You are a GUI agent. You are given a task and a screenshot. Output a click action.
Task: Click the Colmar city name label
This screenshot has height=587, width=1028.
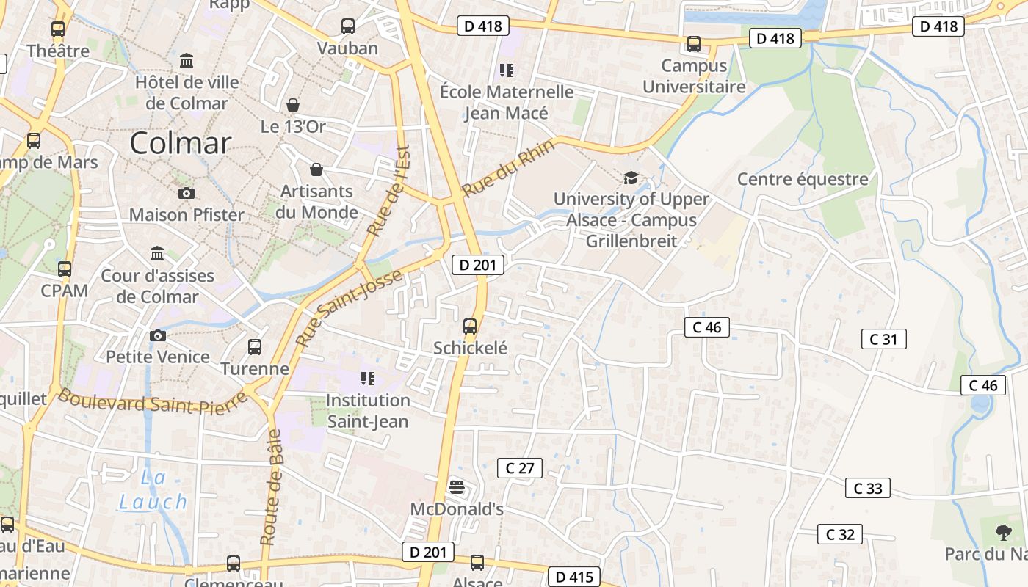pyautogui.click(x=181, y=143)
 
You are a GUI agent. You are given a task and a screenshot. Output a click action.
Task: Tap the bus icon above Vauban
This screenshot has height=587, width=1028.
pyautogui.click(x=348, y=27)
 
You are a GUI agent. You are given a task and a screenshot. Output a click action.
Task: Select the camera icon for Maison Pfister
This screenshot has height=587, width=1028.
pyautogui.click(x=187, y=193)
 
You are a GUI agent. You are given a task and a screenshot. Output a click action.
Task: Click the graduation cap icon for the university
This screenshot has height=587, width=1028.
pyautogui.click(x=630, y=178)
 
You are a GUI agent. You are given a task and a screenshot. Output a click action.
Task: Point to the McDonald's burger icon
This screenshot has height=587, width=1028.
pyautogui.click(x=456, y=486)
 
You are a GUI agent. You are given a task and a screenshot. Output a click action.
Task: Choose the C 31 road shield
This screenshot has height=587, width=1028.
pyautogui.click(x=883, y=339)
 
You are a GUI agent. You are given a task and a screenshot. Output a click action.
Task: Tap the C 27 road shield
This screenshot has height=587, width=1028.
pyautogui.click(x=520, y=468)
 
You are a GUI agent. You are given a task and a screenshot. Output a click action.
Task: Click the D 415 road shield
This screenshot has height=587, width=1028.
pyautogui.click(x=573, y=577)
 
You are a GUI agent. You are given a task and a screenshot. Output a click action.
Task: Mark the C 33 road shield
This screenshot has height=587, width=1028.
pyautogui.click(x=867, y=488)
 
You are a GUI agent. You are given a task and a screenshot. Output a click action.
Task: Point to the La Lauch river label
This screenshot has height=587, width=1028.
pyautogui.click(x=153, y=490)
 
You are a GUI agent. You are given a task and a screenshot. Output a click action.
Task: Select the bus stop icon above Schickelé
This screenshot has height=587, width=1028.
pyautogui.click(x=470, y=327)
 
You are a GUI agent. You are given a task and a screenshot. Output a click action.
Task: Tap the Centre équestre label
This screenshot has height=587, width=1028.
pyautogui.click(x=803, y=179)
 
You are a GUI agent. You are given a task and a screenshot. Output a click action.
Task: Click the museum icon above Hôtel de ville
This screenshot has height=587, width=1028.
pyautogui.click(x=187, y=60)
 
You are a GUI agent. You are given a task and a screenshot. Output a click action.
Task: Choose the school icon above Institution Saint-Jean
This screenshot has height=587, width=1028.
pyautogui.click(x=368, y=379)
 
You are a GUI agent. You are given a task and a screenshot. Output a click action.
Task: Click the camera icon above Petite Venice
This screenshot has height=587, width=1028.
pyautogui.click(x=158, y=335)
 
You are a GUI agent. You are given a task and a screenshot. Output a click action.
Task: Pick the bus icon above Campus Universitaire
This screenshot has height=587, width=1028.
pyautogui.click(x=693, y=44)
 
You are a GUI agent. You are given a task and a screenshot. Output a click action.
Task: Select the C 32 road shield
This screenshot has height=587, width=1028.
pyautogui.click(x=840, y=534)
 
